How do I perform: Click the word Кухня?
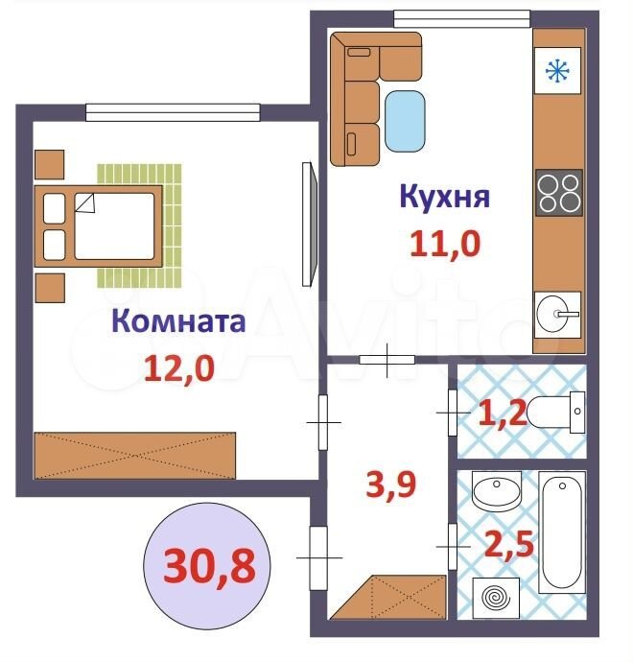(x=445, y=197)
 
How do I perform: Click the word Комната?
(x=178, y=320)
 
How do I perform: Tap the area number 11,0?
(x=445, y=244)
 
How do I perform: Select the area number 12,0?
(x=179, y=368)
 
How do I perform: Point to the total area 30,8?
(x=210, y=566)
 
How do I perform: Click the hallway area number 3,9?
(x=390, y=485)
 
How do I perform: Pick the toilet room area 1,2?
(x=503, y=414)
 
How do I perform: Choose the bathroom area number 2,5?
(x=509, y=545)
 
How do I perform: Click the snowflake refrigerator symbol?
(x=557, y=70)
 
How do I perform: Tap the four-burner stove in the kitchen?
(x=559, y=193)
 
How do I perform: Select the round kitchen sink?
(x=557, y=315)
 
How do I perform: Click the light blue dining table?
(x=405, y=121)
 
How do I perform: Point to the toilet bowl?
(x=555, y=412)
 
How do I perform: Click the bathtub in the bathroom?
(x=562, y=532)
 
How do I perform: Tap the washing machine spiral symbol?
(x=496, y=598)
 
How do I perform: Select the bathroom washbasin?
(x=497, y=491)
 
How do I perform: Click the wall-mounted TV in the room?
(x=310, y=225)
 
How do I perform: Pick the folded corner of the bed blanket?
(x=85, y=203)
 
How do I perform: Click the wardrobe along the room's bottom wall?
(x=134, y=456)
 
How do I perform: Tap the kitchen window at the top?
(x=461, y=18)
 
